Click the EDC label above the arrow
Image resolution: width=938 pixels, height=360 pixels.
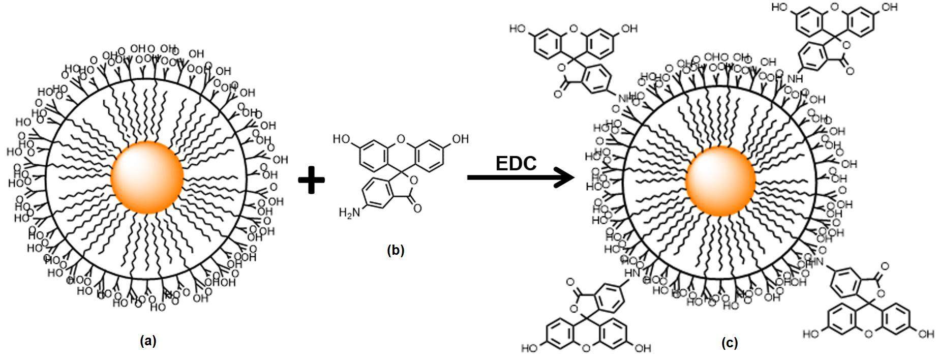(516, 164)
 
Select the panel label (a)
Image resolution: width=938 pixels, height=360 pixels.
(148, 341)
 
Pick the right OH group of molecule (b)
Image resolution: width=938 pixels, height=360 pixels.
(461, 138)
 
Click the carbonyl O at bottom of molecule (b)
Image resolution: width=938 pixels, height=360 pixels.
(418, 208)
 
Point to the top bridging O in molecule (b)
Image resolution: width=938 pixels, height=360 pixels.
(401, 138)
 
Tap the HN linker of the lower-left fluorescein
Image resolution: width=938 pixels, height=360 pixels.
(632, 273)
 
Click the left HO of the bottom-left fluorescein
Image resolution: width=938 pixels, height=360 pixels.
(529, 349)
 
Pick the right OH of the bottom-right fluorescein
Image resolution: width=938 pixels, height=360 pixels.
(926, 334)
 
